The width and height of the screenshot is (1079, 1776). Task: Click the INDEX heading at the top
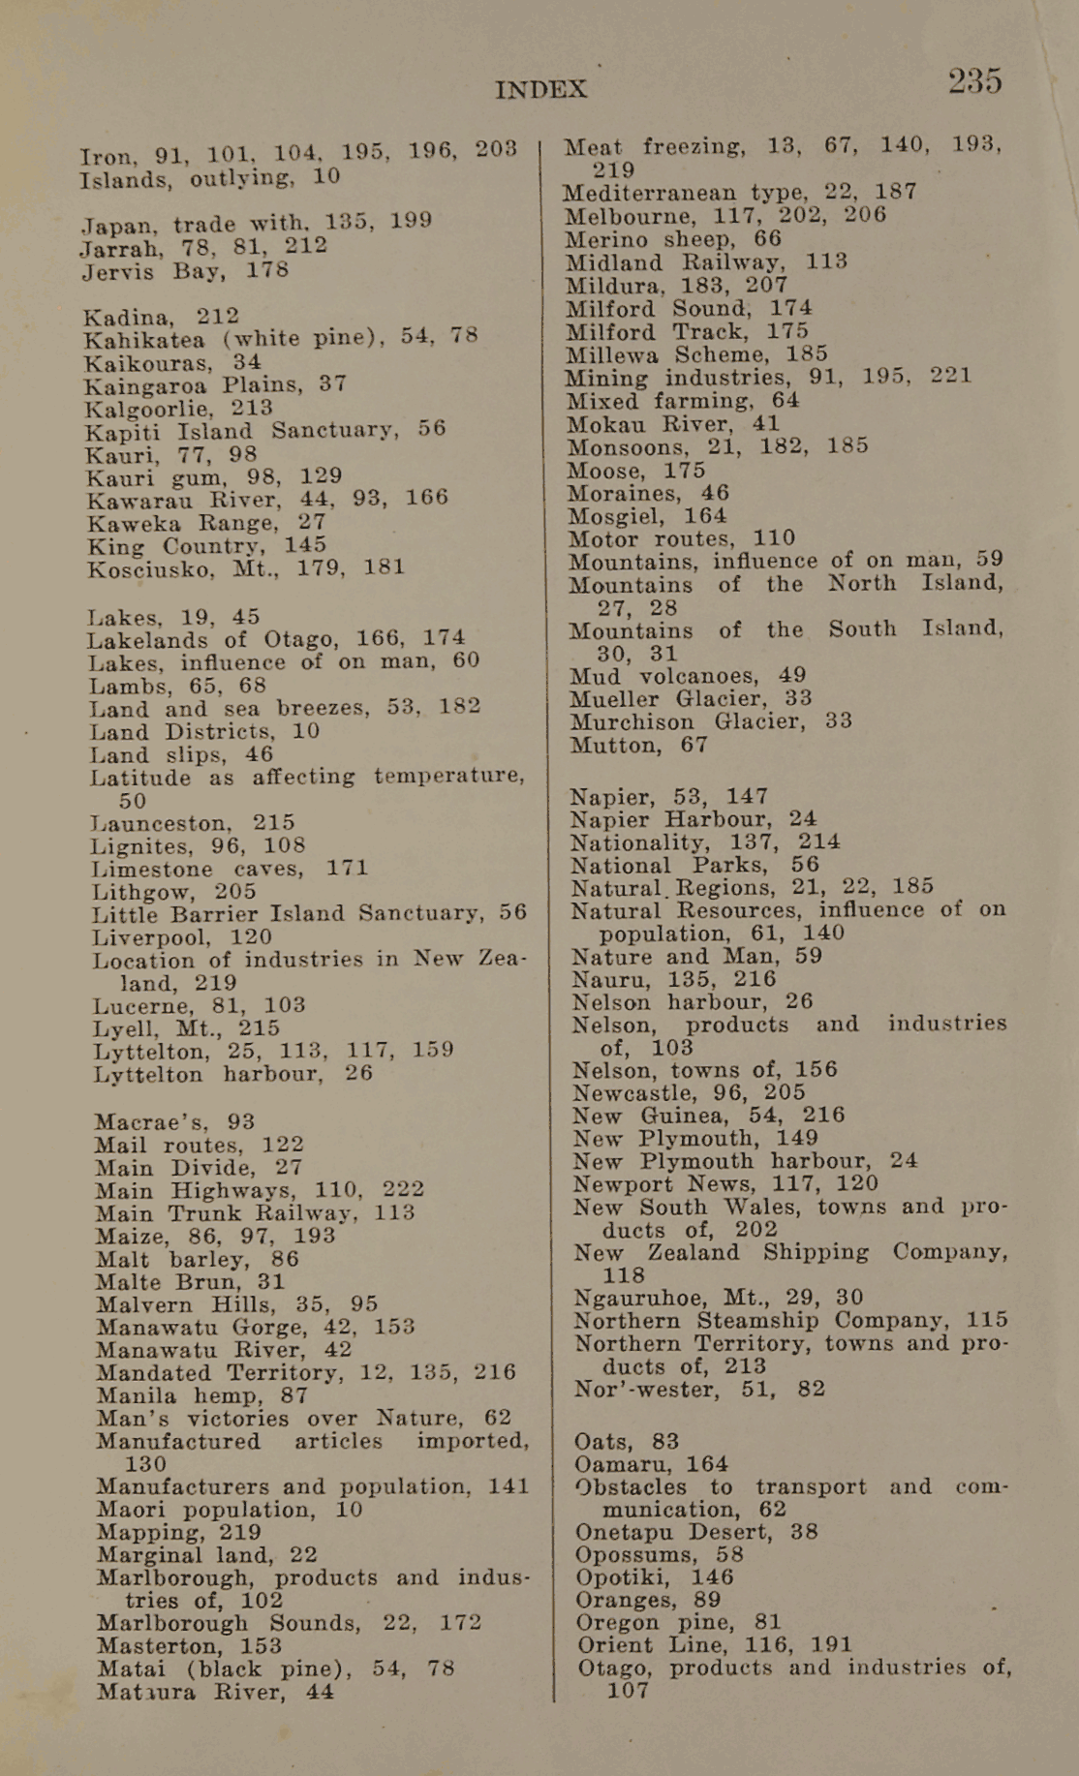click(x=540, y=90)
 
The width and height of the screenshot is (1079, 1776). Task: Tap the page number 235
click(x=974, y=81)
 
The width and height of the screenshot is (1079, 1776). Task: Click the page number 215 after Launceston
click(x=274, y=823)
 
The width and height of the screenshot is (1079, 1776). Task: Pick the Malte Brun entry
click(x=190, y=1282)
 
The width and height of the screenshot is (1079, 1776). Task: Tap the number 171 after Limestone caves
click(x=347, y=868)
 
